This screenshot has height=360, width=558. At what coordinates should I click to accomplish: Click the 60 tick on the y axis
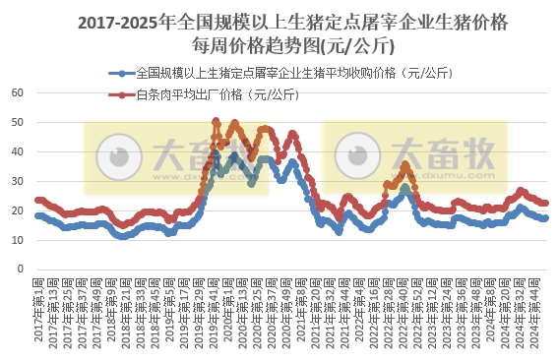(x=17, y=92)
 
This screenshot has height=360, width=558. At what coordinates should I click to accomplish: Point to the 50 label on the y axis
(x=17, y=122)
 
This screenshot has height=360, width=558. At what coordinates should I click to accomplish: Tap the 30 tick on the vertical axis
(x=17, y=181)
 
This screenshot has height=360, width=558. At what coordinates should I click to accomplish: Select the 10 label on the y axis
(x=17, y=240)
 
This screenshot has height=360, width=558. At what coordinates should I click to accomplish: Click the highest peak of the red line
(x=216, y=121)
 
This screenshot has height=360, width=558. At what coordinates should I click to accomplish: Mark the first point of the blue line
(x=37, y=215)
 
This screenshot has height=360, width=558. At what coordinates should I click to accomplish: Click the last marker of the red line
(x=546, y=203)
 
